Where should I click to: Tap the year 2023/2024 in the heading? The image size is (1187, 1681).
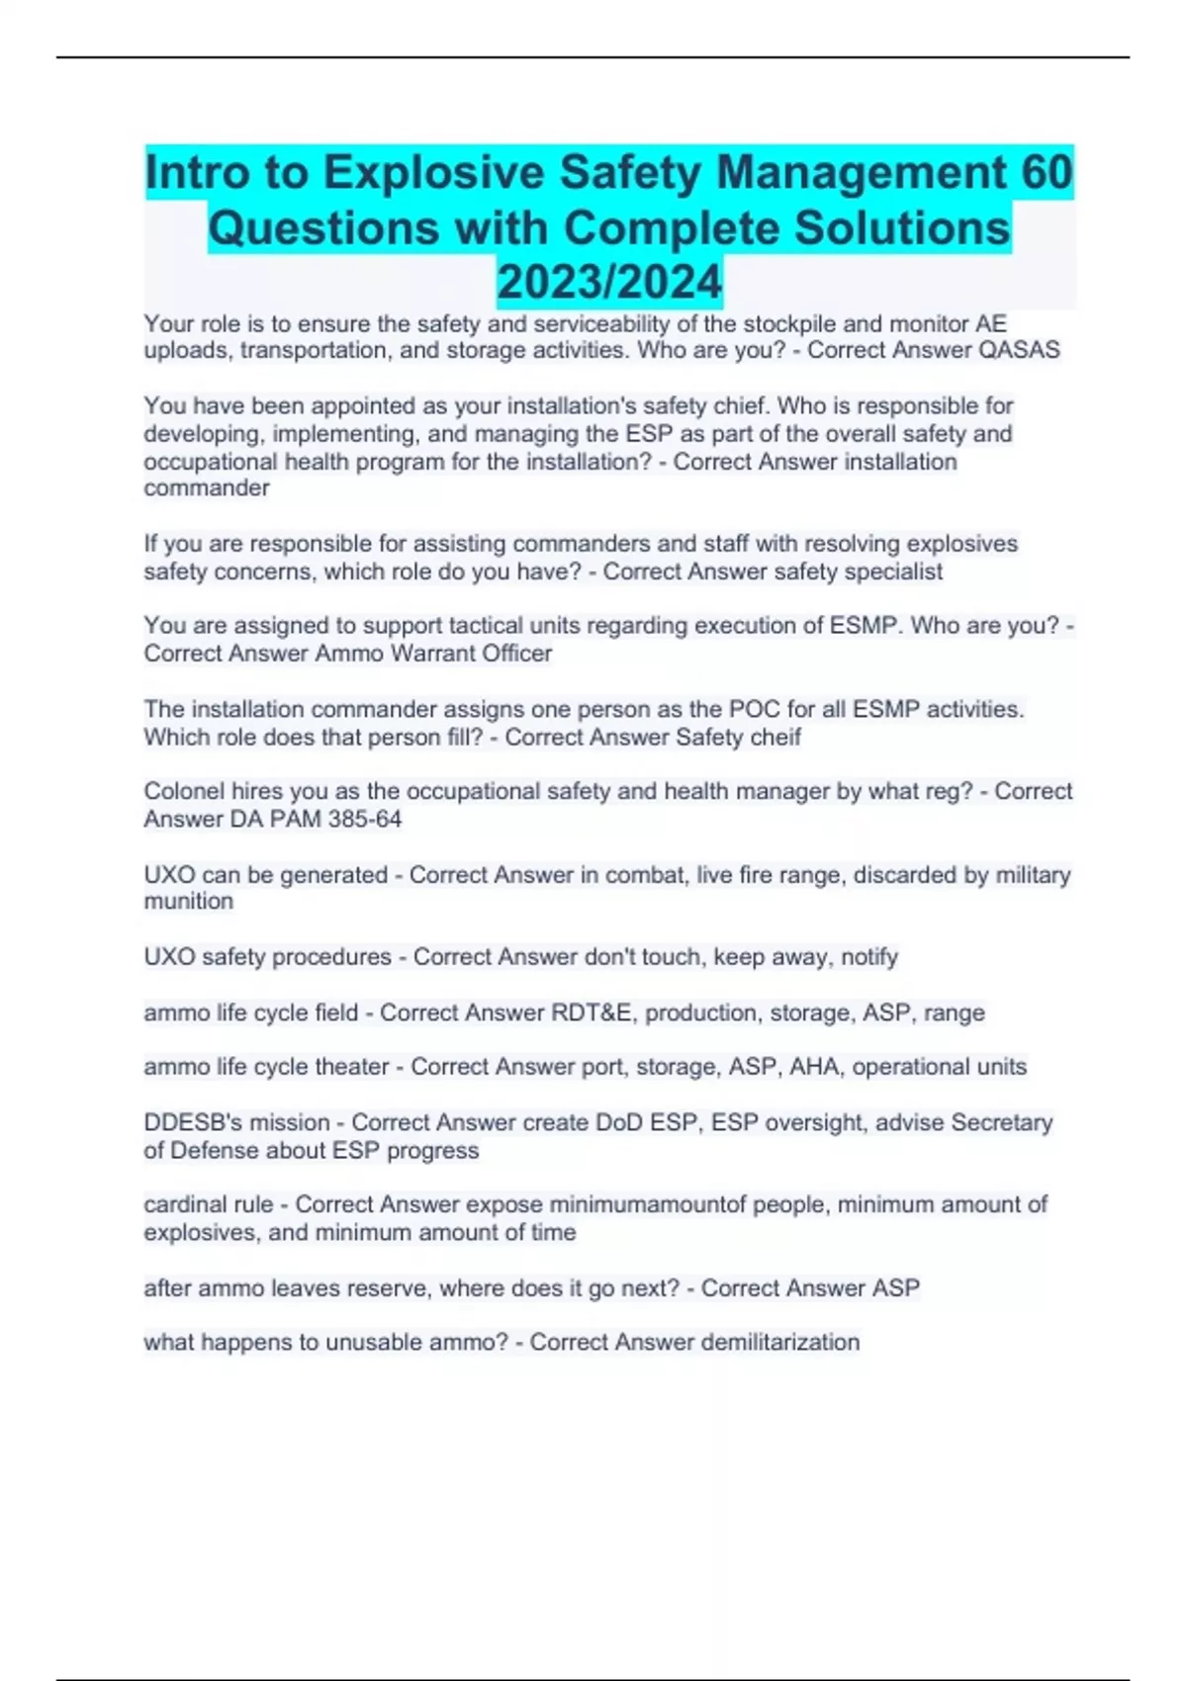(609, 282)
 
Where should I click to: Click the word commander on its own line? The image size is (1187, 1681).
(207, 488)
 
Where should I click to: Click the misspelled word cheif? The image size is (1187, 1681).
(776, 737)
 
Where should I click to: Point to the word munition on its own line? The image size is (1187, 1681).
(189, 902)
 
